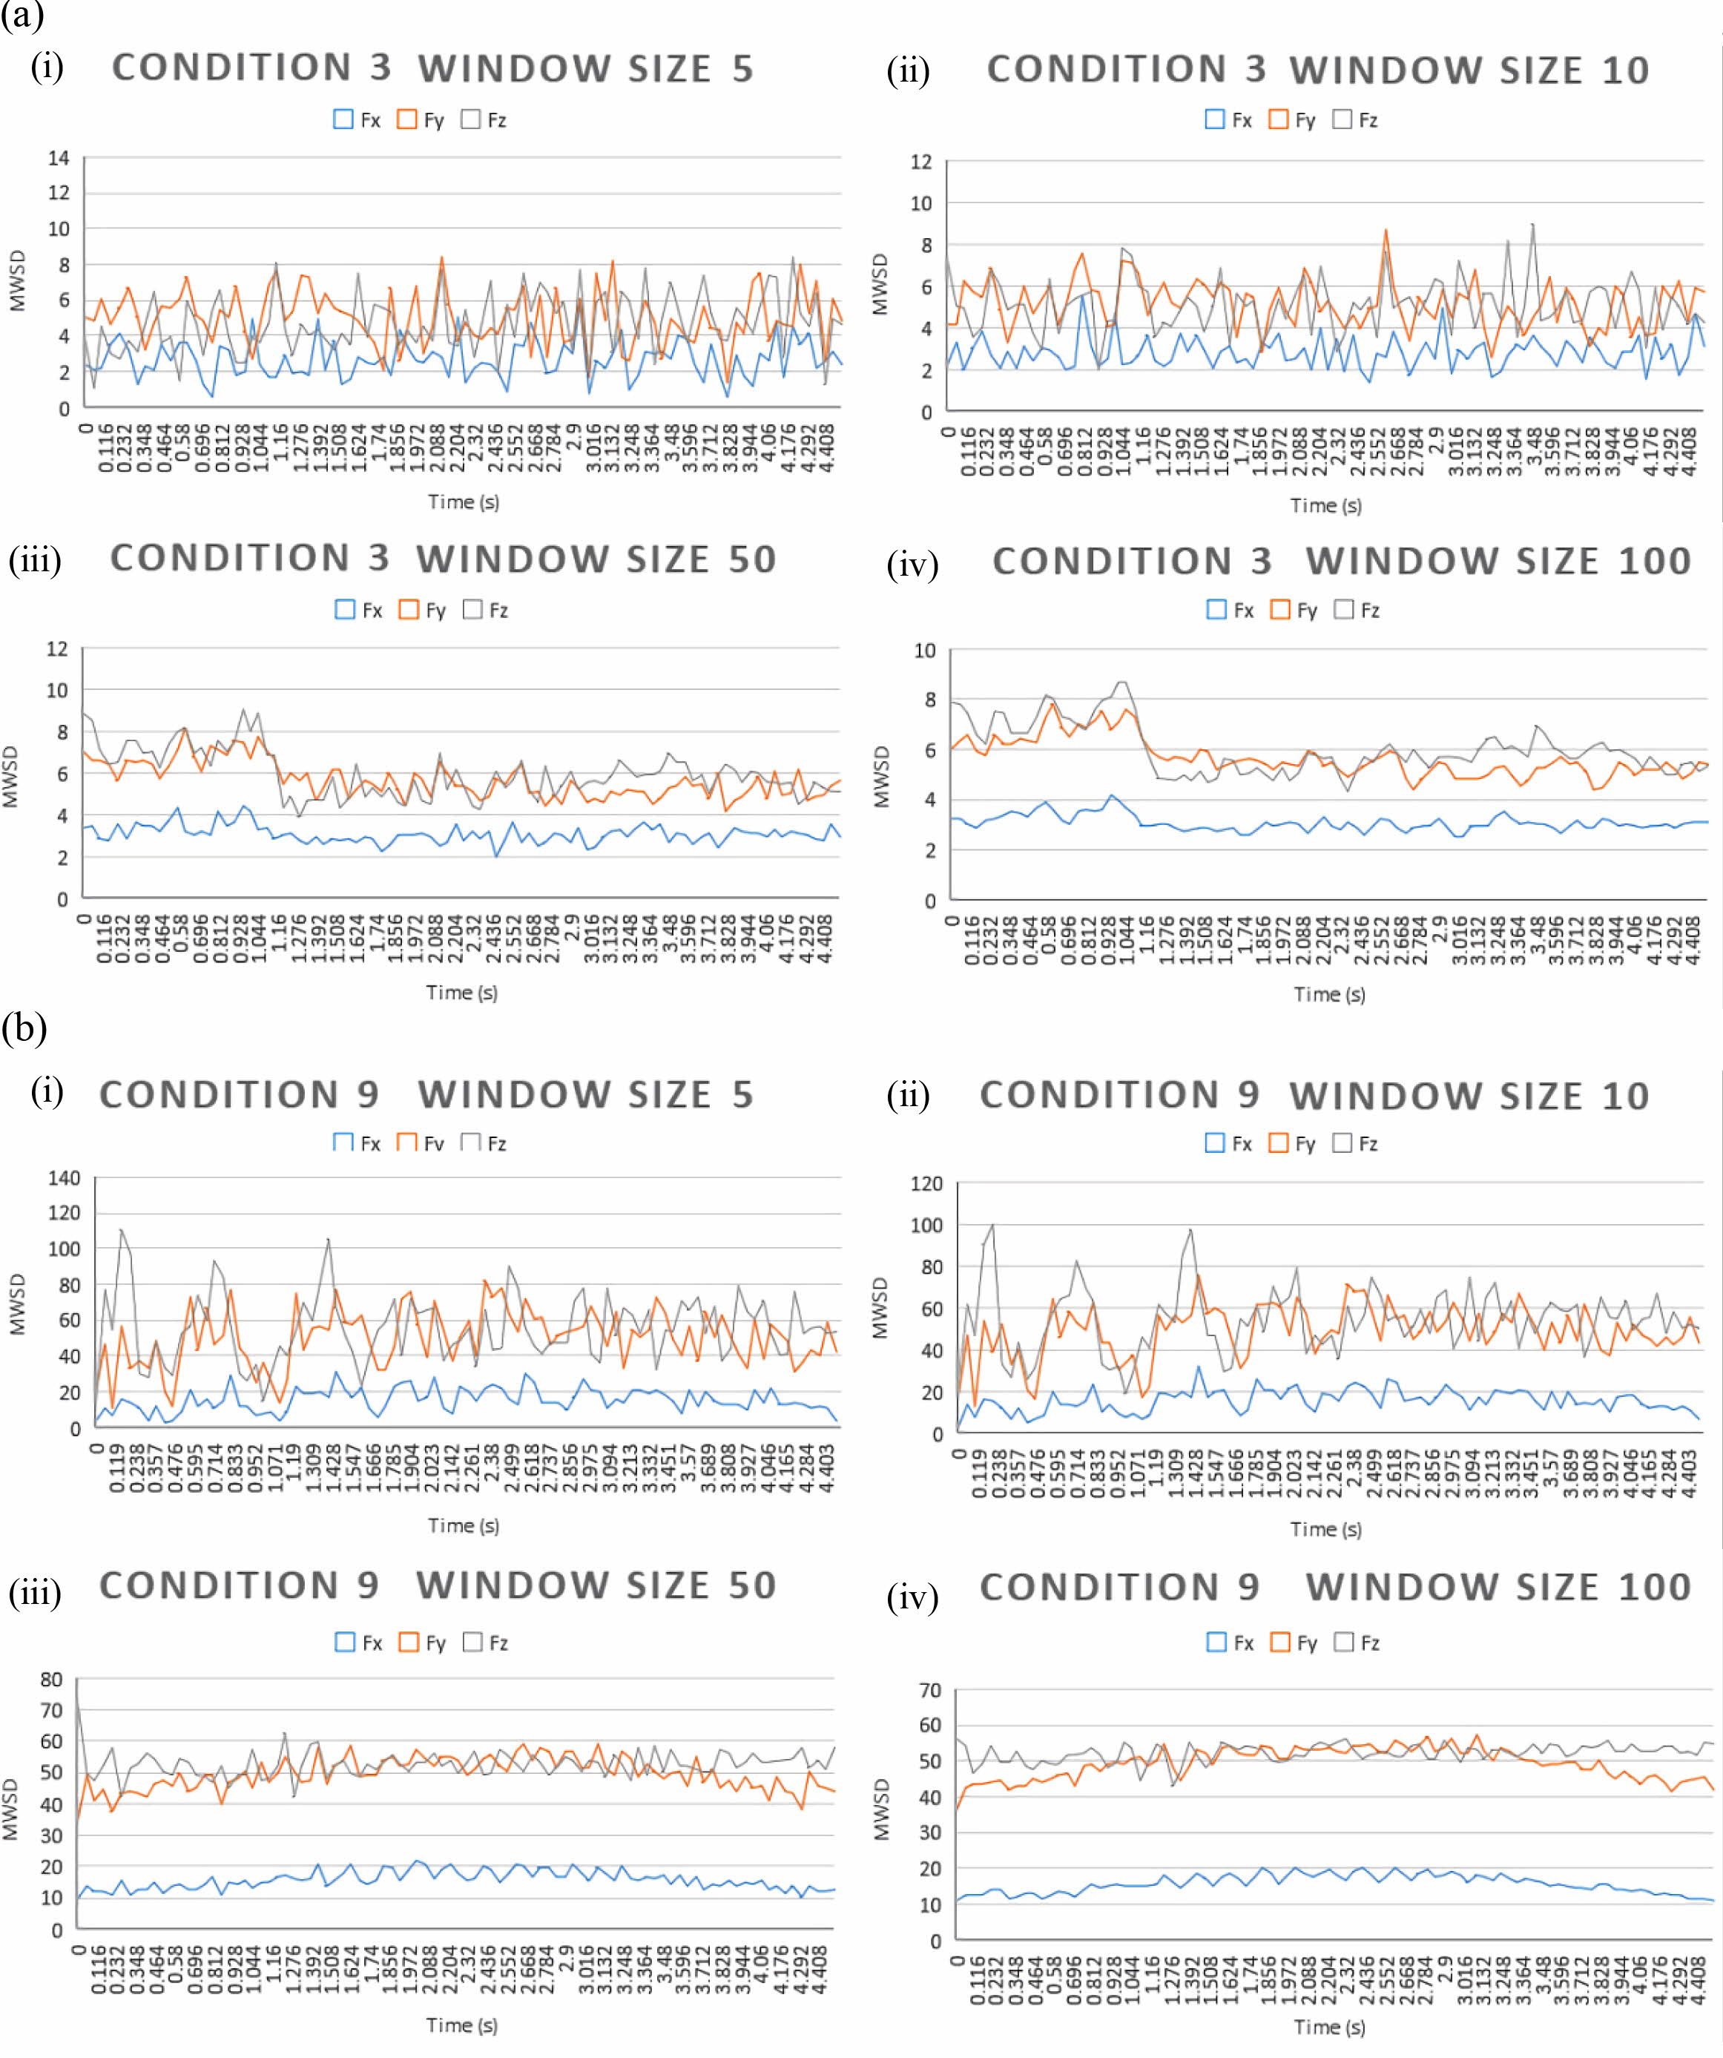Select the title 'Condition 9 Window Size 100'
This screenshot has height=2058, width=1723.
click(1335, 1587)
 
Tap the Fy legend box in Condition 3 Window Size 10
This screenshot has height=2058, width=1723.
click(1277, 119)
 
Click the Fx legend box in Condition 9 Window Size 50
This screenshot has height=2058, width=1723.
click(345, 1643)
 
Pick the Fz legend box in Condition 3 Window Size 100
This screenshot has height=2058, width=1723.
click(1344, 610)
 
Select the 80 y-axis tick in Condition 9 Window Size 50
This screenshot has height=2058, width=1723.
click(51, 1679)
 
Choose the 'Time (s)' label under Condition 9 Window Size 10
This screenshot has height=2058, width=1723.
click(1325, 1529)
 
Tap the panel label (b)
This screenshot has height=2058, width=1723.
click(24, 1028)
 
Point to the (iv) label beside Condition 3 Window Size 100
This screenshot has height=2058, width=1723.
click(912, 565)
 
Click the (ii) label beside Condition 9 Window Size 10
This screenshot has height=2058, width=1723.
click(908, 1095)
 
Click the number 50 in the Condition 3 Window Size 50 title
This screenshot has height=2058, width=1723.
click(751, 559)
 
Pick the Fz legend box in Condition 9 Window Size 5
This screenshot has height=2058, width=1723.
click(470, 1142)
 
